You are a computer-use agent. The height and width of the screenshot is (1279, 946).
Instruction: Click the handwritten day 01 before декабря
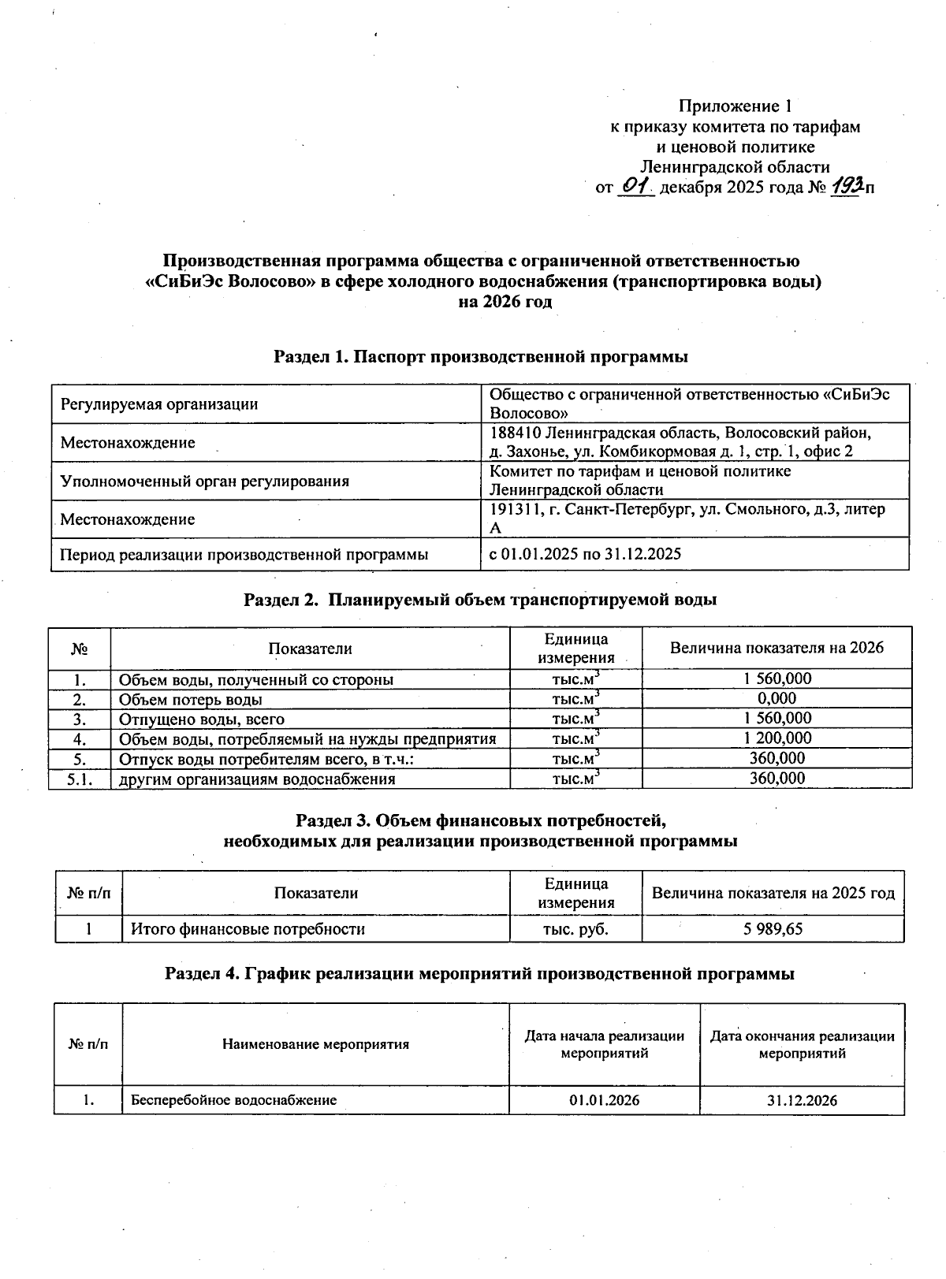pyautogui.click(x=635, y=186)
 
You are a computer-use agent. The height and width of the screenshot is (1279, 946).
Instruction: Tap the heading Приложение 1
pyautogui.click(x=735, y=106)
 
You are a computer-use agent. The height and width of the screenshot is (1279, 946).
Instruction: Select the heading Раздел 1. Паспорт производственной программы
pyautogui.click(x=481, y=357)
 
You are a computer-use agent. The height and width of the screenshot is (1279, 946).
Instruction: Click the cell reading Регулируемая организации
pyautogui.click(x=159, y=404)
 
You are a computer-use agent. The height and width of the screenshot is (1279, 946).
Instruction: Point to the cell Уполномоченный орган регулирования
pyautogui.click(x=205, y=481)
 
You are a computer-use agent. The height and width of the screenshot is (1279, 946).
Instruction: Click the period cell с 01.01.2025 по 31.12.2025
pyautogui.click(x=585, y=554)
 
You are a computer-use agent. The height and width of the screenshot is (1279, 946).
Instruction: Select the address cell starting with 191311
pyautogui.click(x=687, y=519)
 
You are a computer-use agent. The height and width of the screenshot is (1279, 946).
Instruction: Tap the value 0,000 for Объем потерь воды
pyautogui.click(x=777, y=698)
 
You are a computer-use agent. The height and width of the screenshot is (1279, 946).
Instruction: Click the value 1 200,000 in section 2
pyautogui.click(x=777, y=738)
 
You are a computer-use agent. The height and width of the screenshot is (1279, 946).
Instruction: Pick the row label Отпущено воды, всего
pyautogui.click(x=202, y=719)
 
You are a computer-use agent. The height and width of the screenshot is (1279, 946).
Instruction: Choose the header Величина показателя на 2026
pyautogui.click(x=777, y=648)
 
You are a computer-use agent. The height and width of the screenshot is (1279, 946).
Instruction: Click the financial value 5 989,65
pyautogui.click(x=773, y=928)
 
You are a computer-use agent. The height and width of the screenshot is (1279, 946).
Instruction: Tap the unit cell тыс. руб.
pyautogui.click(x=575, y=928)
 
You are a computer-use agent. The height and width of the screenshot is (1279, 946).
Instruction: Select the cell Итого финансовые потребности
pyautogui.click(x=248, y=928)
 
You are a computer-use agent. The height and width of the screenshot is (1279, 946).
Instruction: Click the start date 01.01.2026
pyautogui.click(x=604, y=1100)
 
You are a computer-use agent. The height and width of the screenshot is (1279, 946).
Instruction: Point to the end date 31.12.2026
pyautogui.click(x=802, y=1100)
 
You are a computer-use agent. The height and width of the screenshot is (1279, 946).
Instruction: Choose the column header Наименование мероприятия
pyautogui.click(x=315, y=1044)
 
